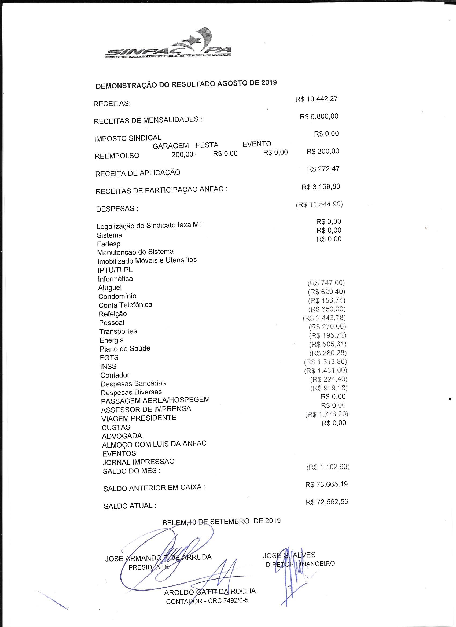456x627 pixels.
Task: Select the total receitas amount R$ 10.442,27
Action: click(316, 99)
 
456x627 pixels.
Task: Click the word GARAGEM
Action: click(171, 146)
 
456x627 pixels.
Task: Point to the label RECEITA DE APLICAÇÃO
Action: click(137, 173)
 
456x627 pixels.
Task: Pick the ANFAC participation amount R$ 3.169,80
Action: click(321, 187)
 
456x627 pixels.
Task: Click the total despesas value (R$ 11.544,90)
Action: click(319, 204)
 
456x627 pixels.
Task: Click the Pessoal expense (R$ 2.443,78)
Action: click(324, 318)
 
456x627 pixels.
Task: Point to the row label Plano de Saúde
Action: click(125, 349)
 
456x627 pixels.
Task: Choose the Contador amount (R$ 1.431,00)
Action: click(325, 370)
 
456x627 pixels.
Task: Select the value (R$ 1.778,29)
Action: click(327, 414)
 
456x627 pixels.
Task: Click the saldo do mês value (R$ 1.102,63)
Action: click(328, 467)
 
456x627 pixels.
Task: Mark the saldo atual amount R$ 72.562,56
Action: click(327, 502)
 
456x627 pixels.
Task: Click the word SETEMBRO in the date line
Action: click(230, 521)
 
